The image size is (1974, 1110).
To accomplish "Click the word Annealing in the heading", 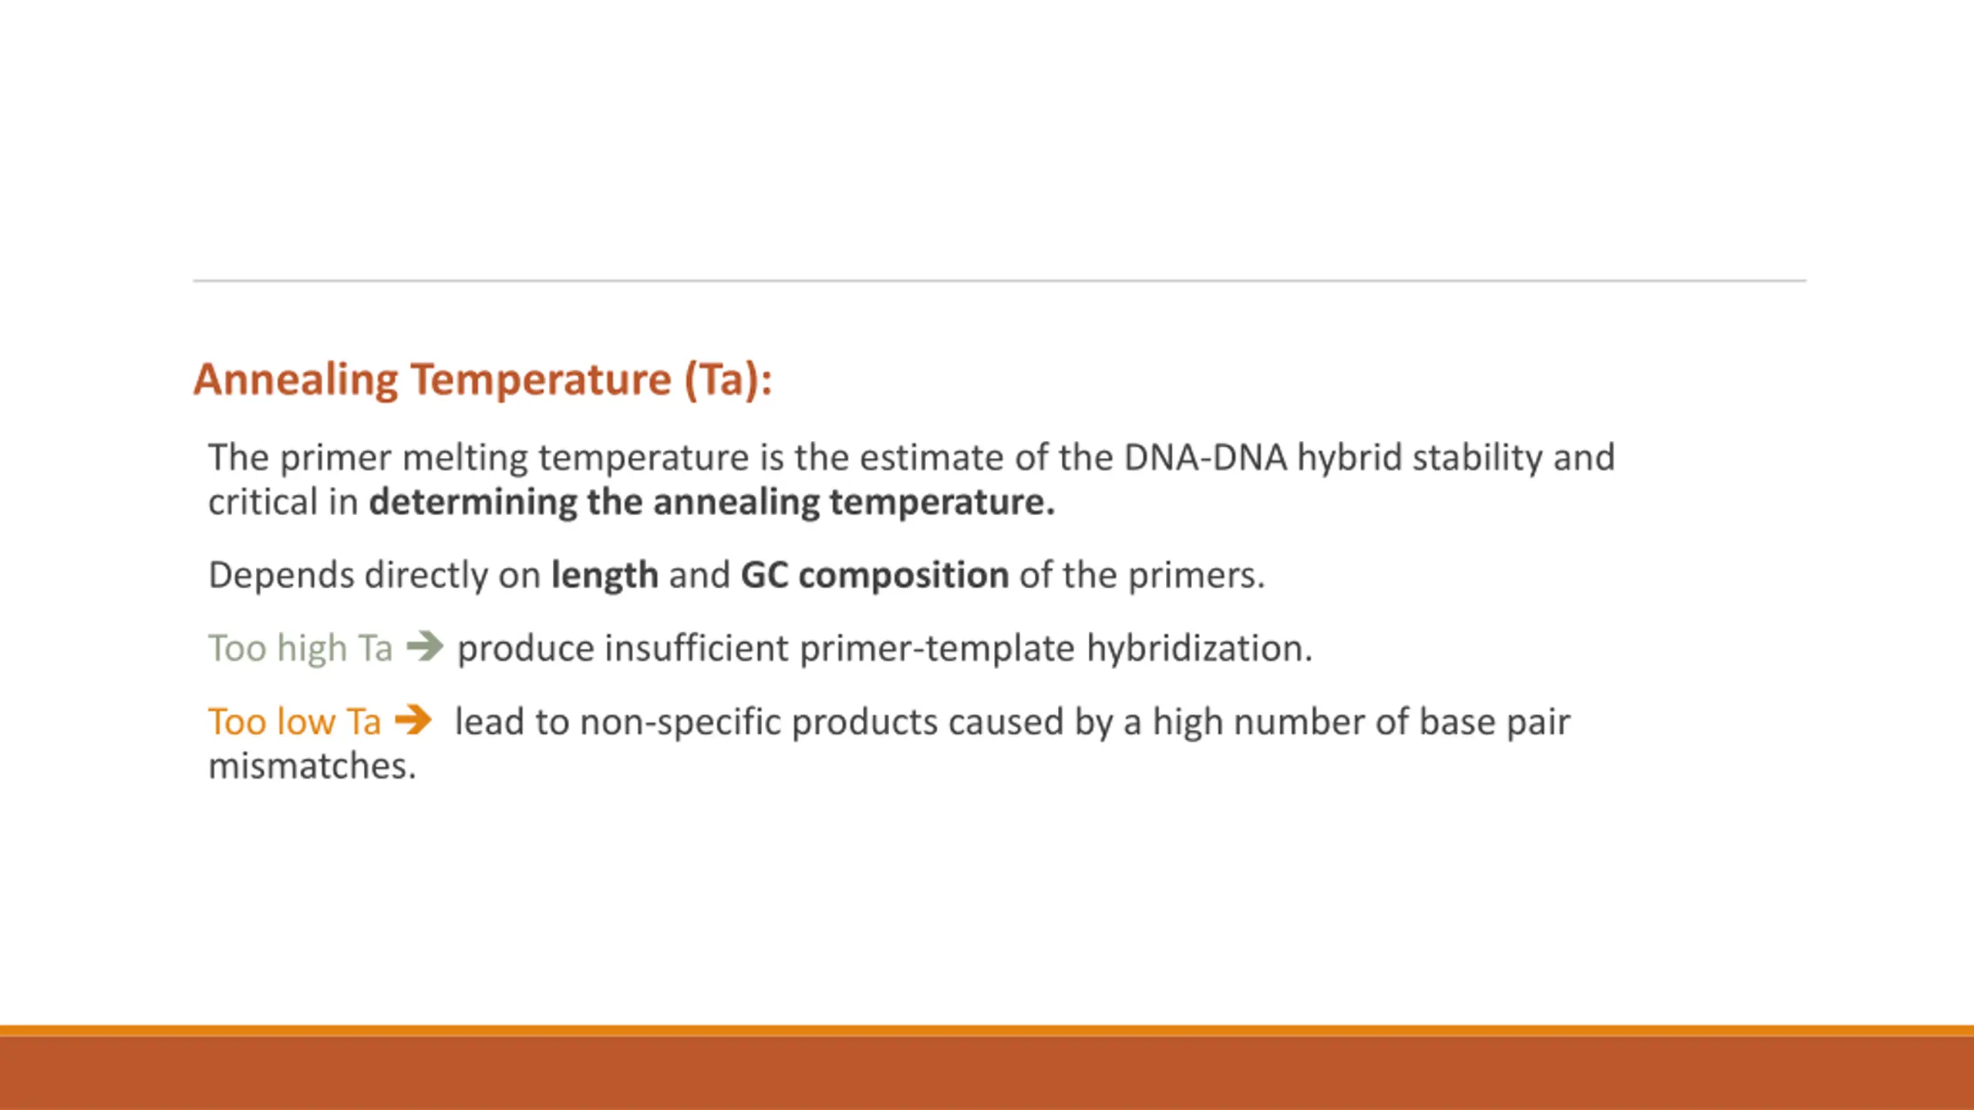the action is coord(295,380).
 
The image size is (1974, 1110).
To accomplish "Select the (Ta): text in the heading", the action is coord(728,380).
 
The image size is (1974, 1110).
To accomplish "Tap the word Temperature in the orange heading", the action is coord(541,380).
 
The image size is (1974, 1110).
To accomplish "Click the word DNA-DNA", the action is coord(1205,457).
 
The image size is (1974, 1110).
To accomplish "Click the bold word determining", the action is coord(473,503).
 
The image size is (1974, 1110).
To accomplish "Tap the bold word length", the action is coord(605,575).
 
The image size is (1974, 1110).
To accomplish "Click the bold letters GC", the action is coord(764,575).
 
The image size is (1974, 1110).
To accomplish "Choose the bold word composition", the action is coord(904,576).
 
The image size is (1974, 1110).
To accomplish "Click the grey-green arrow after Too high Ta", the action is coord(425,646).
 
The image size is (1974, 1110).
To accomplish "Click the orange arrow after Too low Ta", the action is coord(413,721).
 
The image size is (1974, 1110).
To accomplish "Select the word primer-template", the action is coord(937,648).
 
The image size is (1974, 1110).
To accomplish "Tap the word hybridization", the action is coord(1199,647).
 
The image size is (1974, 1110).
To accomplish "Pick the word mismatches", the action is coord(312,766).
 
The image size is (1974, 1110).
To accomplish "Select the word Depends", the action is coord(281,576).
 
